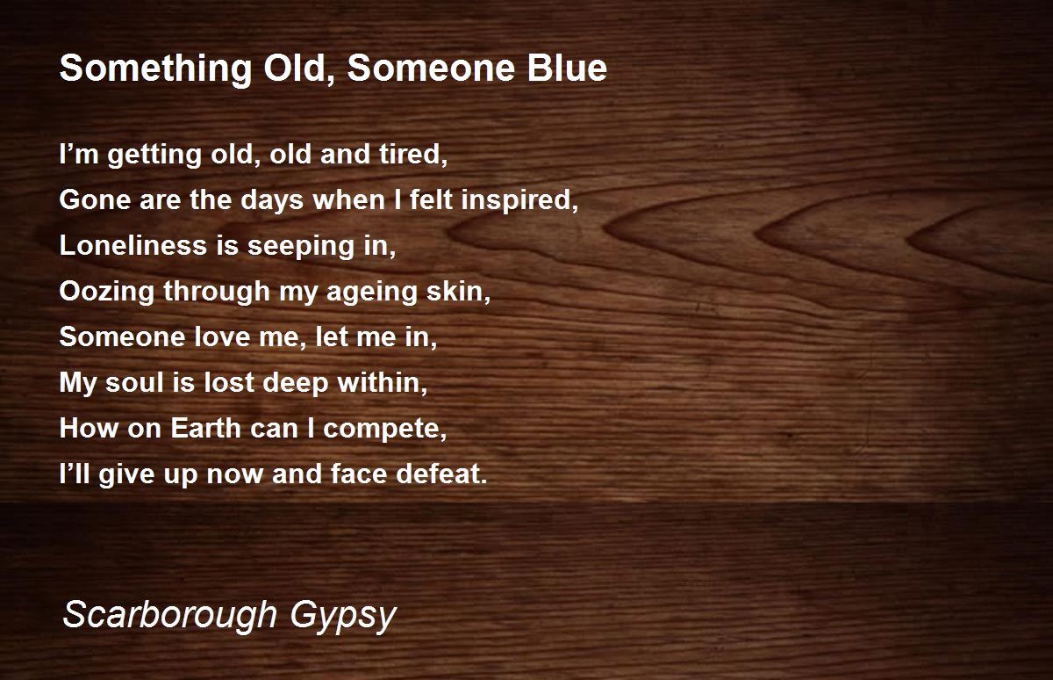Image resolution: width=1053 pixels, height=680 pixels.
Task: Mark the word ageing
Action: pyautogui.click(x=375, y=293)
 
